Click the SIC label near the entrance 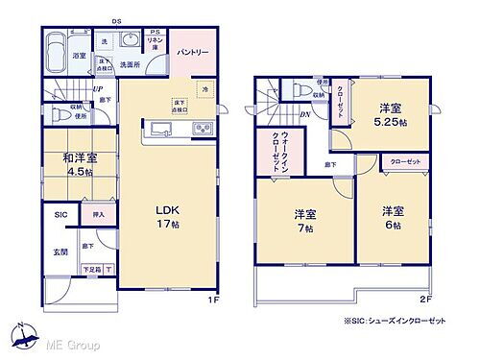pyautogui.click(x=60, y=215)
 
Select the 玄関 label pyautogui.click(x=60, y=251)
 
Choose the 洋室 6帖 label pyautogui.click(x=392, y=216)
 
